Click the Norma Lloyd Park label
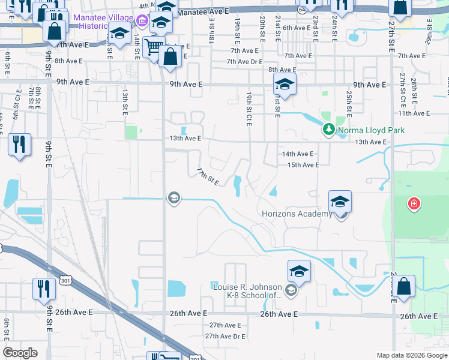(x=370, y=130)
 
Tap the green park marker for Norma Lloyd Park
(x=328, y=129)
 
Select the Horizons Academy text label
(x=297, y=214)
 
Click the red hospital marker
(x=414, y=205)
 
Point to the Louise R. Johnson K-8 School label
(x=247, y=290)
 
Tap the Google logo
(x=20, y=353)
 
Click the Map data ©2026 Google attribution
(x=412, y=355)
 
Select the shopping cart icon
(x=154, y=46)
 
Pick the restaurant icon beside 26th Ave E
(x=44, y=289)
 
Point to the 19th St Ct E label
(x=249, y=109)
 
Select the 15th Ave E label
(x=303, y=165)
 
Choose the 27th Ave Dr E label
(x=226, y=337)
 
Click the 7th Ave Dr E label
(x=245, y=62)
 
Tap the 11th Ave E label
(x=414, y=113)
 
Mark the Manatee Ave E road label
(x=203, y=11)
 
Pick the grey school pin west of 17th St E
(x=174, y=198)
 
